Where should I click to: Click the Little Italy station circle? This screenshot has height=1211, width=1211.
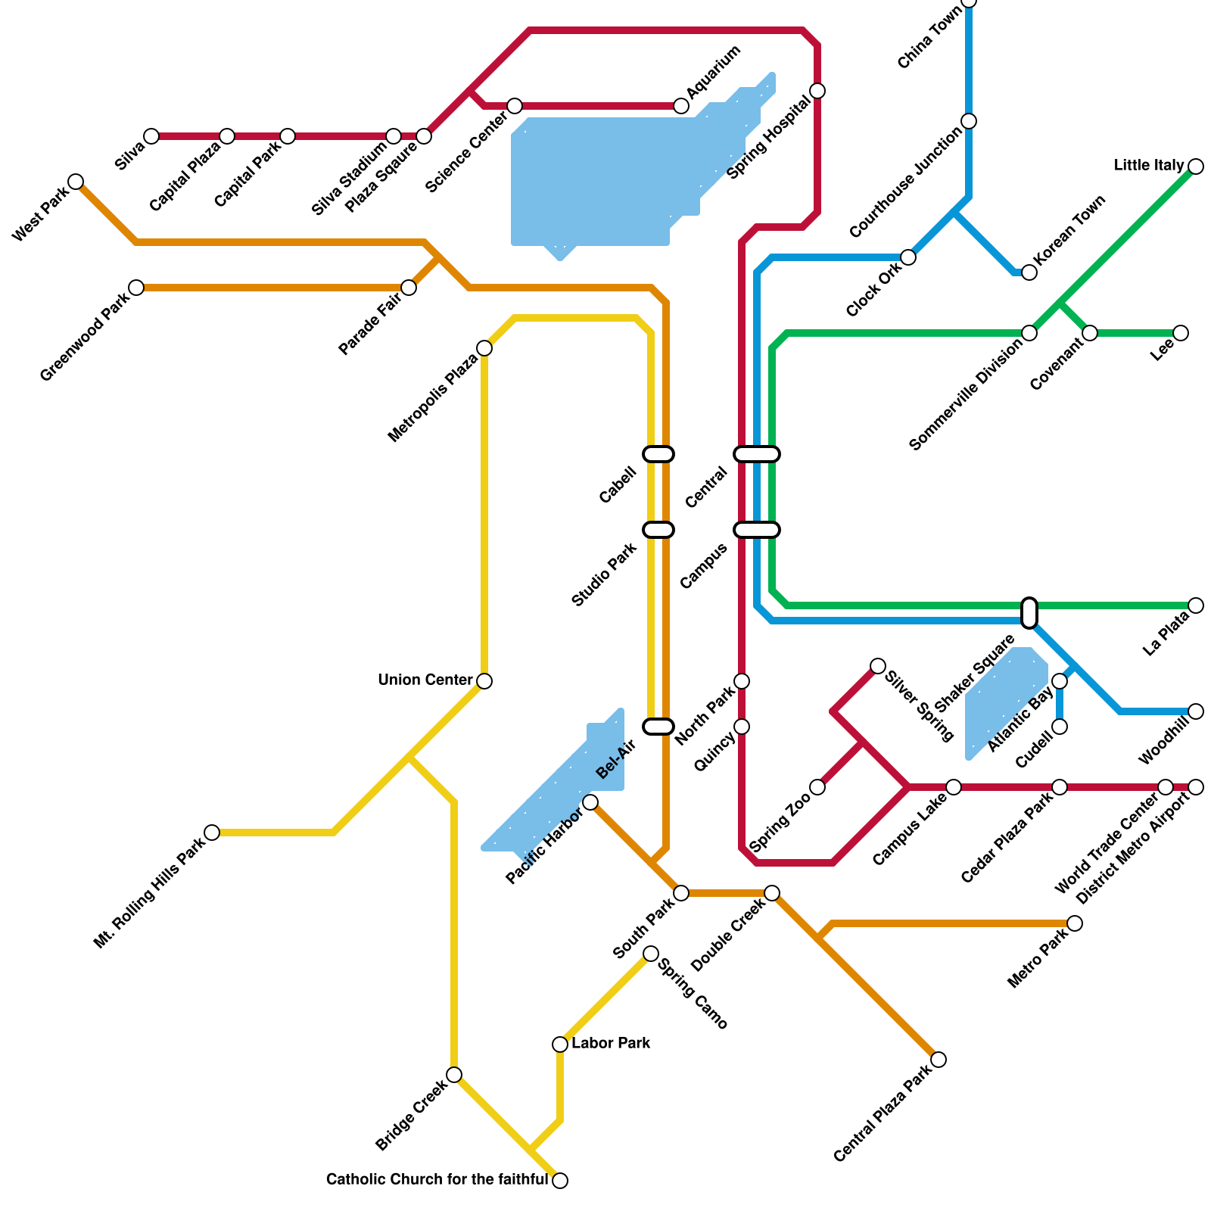pyautogui.click(x=1196, y=167)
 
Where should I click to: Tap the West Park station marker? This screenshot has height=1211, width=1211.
pyautogui.click(x=76, y=182)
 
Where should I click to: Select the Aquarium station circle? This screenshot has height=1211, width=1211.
pyautogui.click(x=681, y=106)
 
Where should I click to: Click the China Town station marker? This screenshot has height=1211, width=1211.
pyautogui.click(x=969, y=2)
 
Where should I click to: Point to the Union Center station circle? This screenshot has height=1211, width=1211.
pyautogui.click(x=484, y=681)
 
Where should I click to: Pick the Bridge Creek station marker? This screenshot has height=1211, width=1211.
pyautogui.click(x=454, y=1075)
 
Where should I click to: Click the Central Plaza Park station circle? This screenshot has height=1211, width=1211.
pyautogui.click(x=939, y=1060)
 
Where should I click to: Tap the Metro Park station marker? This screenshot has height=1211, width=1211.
pyautogui.click(x=1075, y=923)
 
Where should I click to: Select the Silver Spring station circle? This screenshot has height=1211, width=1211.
pyautogui.click(x=878, y=666)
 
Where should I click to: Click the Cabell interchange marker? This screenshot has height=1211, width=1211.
pyautogui.click(x=658, y=454)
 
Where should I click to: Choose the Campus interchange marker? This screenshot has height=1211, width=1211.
pyautogui.click(x=757, y=530)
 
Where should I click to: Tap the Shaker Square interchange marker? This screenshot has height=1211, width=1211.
pyautogui.click(x=1029, y=613)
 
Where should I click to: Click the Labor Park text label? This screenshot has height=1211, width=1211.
pyautogui.click(x=611, y=1044)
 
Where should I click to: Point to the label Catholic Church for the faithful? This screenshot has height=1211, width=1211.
pyautogui.click(x=437, y=1180)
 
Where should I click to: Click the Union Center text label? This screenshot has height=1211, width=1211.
pyautogui.click(x=425, y=680)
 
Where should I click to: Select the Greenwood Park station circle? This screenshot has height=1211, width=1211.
pyautogui.click(x=136, y=288)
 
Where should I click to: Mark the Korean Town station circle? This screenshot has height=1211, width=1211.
pyautogui.click(x=1029, y=272)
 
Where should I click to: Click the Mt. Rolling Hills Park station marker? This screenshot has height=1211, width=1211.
pyautogui.click(x=212, y=833)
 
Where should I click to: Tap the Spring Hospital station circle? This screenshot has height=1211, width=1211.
pyautogui.click(x=817, y=91)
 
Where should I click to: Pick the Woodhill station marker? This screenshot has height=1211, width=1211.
pyautogui.click(x=1196, y=711)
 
